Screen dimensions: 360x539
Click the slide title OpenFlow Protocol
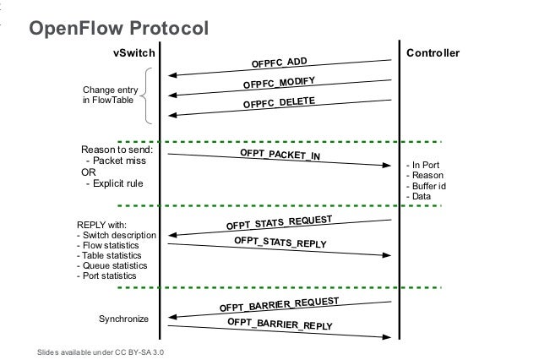pos(118,30)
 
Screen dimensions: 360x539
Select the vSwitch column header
pos(133,53)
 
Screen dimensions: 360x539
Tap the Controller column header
pos(433,53)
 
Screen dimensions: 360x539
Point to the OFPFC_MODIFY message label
pos(279,84)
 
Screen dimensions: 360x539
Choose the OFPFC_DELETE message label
pos(279,104)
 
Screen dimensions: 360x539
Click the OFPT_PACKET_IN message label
pos(280,155)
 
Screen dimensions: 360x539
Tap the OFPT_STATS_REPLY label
pos(280,243)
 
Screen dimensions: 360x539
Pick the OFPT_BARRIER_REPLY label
pos(280,325)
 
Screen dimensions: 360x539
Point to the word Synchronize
pos(124,320)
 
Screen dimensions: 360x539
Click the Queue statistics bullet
pos(114,265)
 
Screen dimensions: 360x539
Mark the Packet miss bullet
pos(114,160)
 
